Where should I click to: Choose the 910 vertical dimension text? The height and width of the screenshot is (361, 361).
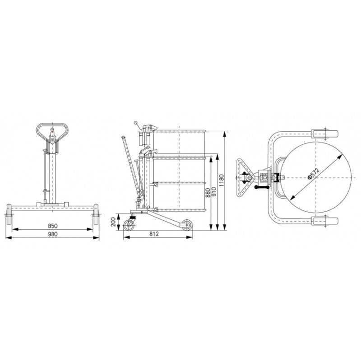click(214, 193)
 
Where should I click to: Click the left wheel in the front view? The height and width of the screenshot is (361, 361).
click(9, 215)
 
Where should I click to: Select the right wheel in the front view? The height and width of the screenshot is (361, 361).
click(96, 215)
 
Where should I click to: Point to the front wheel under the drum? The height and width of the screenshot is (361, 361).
click(185, 224)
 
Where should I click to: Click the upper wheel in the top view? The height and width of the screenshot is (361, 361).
click(325, 134)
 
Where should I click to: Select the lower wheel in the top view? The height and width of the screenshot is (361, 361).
click(325, 221)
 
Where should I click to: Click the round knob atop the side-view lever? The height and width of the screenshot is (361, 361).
click(136, 122)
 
